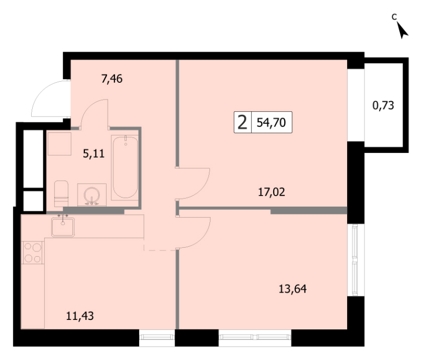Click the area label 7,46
[112, 79]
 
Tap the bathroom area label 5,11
[94, 154]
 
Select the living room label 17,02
[272, 192]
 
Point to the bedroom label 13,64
[293, 289]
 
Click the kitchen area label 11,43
[80, 316]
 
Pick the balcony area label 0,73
[383, 105]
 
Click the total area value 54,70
[271, 123]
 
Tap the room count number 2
[243, 122]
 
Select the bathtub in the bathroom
[125, 167]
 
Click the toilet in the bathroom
[61, 193]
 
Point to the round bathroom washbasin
[92, 195]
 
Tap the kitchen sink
[63, 227]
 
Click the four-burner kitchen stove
[33, 252]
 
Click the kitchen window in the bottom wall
[157, 337]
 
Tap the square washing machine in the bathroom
[60, 144]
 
